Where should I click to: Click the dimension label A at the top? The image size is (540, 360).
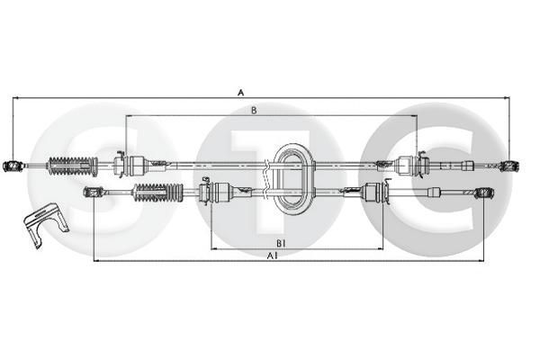pos(239,92)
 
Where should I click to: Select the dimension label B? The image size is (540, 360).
pos(255,110)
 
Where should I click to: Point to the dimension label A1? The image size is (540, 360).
pos(271,256)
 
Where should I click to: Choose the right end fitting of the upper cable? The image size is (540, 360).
pos(509,166)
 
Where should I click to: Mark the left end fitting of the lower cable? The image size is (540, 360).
pos(91,192)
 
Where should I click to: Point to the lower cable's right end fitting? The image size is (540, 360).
pos(486,193)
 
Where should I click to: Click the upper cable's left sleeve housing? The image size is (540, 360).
pos(136,165)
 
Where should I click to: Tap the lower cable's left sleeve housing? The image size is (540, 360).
pos(220,192)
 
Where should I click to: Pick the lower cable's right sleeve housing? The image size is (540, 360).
pos(373,192)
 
